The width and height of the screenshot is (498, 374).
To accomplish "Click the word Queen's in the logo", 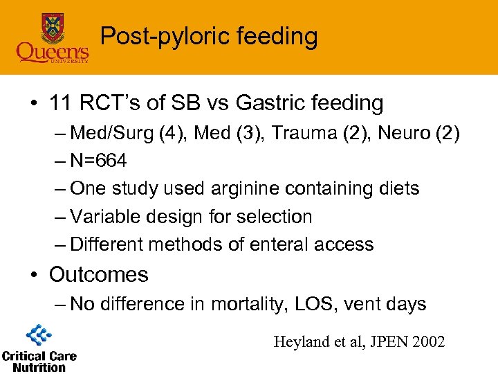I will (x=53, y=52).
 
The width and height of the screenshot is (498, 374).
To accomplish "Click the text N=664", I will (x=99, y=161).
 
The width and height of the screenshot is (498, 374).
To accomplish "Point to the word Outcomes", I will (x=99, y=274).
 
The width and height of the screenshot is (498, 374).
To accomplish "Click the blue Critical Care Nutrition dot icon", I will (x=39, y=335).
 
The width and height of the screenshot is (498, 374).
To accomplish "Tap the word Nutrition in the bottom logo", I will (x=39, y=367).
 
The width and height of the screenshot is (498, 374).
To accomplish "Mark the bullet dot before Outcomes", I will (x=33, y=275).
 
